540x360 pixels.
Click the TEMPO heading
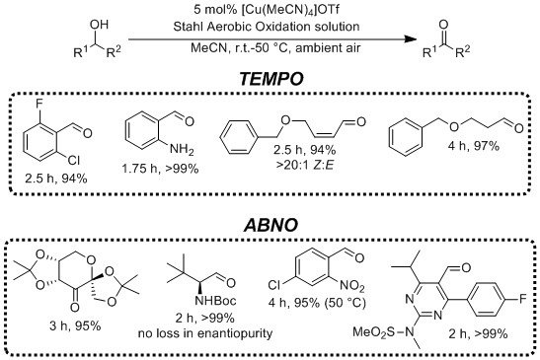(x=270, y=75)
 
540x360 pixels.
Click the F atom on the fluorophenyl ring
(x=522, y=293)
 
